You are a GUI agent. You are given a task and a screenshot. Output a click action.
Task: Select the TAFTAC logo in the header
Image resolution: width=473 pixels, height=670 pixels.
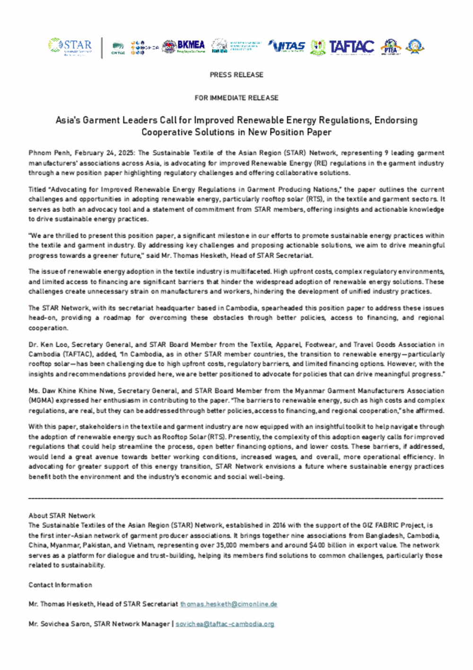[351, 47]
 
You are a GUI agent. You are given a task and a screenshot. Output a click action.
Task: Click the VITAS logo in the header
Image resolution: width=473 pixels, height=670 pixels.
[287, 46]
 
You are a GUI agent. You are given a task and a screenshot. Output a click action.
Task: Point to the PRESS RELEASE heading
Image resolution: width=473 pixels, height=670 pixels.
[236, 75]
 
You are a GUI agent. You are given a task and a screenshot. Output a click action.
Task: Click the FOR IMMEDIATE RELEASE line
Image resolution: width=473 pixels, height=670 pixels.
[236, 98]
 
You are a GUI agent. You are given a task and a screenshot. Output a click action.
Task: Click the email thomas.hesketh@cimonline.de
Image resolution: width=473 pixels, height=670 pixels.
[228, 604]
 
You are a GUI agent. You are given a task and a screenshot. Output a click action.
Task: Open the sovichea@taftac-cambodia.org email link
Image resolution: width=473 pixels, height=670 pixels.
[225, 624]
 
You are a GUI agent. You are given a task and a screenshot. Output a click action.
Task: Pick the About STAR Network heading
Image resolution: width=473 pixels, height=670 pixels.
[62, 516]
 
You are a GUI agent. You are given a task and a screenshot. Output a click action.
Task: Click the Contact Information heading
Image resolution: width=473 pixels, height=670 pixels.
[60, 585]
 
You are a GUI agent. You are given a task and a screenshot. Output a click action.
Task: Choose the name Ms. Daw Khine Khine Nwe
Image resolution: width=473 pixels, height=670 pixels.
[71, 391]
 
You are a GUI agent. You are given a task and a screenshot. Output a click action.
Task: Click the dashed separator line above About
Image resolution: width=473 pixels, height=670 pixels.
[236, 498]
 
